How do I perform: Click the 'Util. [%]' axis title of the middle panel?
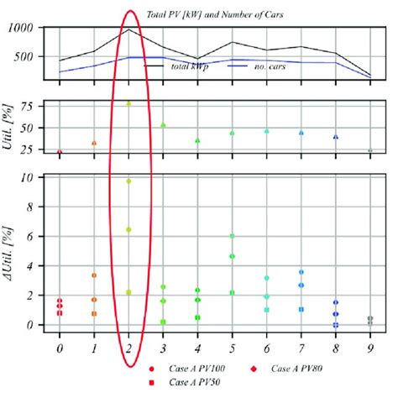tap(12, 127)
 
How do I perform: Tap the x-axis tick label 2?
tap(128, 347)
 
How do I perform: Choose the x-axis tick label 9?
tap(370, 347)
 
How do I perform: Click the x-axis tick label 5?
tap(232, 347)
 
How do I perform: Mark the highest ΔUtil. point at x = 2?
tap(128, 181)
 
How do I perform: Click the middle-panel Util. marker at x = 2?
tap(128, 103)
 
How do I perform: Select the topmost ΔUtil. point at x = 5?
tap(232, 236)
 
